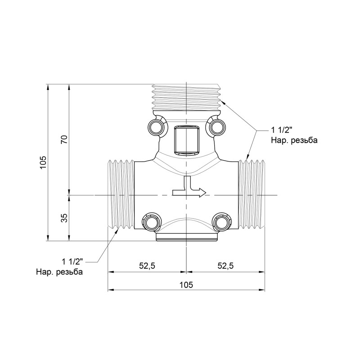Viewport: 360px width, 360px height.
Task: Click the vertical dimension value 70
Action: (x=64, y=139)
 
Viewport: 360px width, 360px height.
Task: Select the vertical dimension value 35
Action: (x=64, y=218)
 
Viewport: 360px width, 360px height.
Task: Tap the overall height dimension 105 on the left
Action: (x=43, y=162)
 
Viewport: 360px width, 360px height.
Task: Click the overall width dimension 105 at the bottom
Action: (x=186, y=284)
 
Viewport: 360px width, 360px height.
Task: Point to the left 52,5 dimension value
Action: (x=147, y=266)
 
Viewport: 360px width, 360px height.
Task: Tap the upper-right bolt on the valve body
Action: (x=216, y=127)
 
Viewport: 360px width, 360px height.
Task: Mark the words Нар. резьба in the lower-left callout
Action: (x=59, y=272)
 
